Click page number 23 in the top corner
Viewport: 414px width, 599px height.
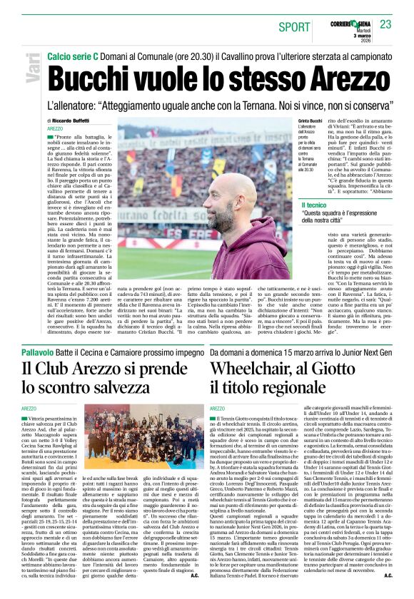385,25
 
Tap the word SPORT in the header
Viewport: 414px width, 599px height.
294,27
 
